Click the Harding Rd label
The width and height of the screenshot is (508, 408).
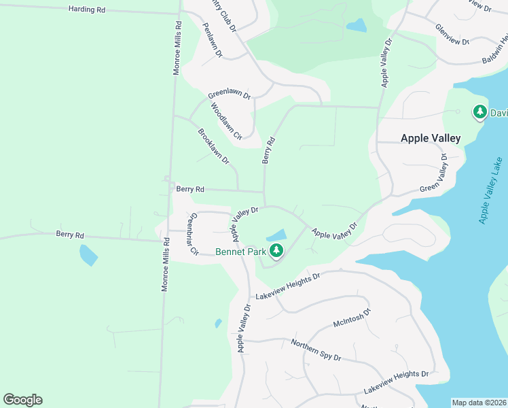[87, 10]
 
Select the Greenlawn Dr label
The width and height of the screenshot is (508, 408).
[230, 95]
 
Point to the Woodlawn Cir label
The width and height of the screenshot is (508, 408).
[226, 121]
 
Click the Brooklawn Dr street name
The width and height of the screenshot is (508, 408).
[213, 146]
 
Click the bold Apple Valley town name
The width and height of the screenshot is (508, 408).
[431, 138]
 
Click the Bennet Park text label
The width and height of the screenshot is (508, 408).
[240, 252]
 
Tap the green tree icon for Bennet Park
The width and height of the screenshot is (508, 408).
[276, 251]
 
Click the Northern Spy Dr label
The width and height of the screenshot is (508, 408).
[316, 350]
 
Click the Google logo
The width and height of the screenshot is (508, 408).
[22, 400]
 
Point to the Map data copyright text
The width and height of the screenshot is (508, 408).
[479, 403]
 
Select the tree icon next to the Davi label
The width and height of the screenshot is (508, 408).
[480, 112]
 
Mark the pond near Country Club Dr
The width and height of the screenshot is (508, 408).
[356, 26]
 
